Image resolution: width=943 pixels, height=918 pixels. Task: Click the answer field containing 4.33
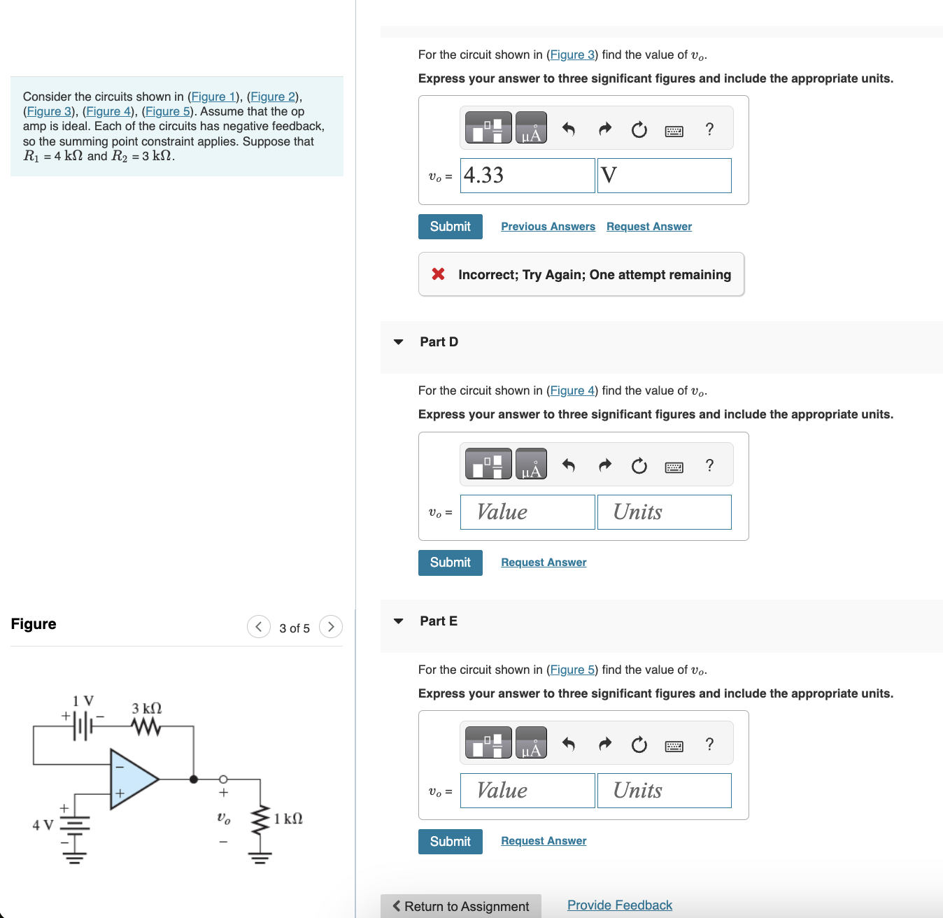[x=527, y=176]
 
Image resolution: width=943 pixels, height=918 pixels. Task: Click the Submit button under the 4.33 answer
[x=450, y=227]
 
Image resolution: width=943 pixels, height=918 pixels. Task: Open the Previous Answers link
[x=548, y=227]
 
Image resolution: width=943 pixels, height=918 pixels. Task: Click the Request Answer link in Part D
[x=544, y=563]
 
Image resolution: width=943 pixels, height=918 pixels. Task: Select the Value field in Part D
[x=527, y=512]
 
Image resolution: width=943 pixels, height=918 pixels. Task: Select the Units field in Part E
[x=664, y=791]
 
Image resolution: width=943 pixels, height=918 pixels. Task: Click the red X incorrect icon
[x=439, y=274]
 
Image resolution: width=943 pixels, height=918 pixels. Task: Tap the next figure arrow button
[x=331, y=627]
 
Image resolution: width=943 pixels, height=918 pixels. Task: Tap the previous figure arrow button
[x=259, y=627]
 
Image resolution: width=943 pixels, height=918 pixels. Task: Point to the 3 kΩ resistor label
[x=147, y=708]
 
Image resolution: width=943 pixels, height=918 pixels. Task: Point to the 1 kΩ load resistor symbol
[x=260, y=819]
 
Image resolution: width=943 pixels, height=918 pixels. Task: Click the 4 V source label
[x=43, y=825]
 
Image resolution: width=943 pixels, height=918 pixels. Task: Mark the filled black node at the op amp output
[x=194, y=779]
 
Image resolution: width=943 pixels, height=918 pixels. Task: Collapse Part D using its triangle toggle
[x=399, y=342]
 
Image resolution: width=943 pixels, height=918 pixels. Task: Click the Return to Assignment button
[x=460, y=906]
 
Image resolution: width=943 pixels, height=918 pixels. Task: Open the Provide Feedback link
[x=619, y=905]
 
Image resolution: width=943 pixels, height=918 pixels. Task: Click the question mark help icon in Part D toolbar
[x=709, y=465]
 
